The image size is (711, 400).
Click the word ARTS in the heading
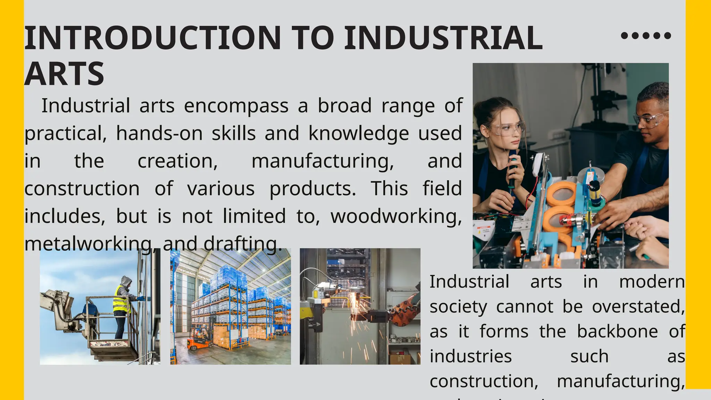[x=65, y=74]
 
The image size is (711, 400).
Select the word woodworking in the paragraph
[x=396, y=216]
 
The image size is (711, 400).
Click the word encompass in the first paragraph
[x=236, y=106]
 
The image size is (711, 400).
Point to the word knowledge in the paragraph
[x=359, y=134]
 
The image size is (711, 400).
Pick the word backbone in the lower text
[x=617, y=331]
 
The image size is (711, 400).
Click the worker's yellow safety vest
[x=121, y=300]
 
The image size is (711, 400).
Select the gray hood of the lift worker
[x=126, y=281]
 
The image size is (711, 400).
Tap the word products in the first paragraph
[x=313, y=189]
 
